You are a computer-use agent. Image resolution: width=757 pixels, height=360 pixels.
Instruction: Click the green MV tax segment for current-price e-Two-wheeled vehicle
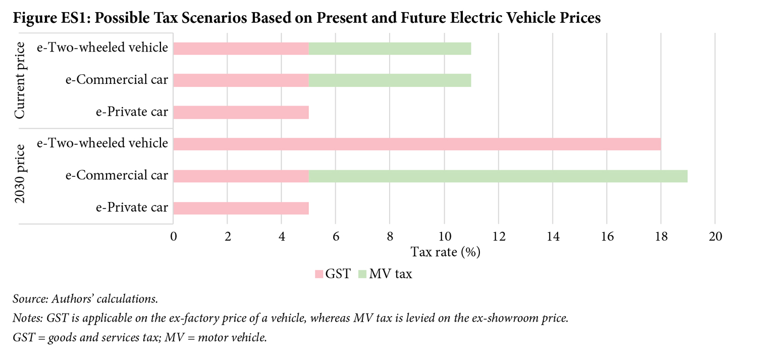[x=390, y=48]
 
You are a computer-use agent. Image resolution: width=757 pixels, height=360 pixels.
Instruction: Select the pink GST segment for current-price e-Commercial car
[x=241, y=80]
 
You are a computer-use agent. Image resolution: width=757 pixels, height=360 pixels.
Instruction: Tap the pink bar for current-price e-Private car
[x=241, y=112]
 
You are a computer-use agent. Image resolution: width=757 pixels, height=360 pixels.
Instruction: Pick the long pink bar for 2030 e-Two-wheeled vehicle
[x=417, y=144]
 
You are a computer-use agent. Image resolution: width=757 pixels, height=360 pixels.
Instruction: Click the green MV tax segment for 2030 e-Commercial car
[x=498, y=176]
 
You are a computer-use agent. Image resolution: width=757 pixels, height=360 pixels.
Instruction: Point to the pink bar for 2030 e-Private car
[x=241, y=208]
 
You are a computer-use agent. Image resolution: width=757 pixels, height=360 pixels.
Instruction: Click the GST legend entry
[x=333, y=274]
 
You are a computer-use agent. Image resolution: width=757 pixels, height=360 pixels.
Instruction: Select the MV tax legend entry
[x=385, y=274]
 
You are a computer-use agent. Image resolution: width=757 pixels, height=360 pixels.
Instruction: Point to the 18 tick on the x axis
[x=661, y=236]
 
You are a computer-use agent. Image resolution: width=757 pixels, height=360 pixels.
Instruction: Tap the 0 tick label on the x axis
[x=174, y=236]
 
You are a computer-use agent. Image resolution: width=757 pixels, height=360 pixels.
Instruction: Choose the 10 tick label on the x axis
[x=444, y=236]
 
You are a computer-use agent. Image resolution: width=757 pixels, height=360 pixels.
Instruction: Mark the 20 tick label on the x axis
[x=715, y=236]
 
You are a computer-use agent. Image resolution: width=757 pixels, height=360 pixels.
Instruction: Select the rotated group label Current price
[x=20, y=81]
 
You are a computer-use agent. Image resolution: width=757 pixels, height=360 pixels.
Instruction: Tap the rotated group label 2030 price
[x=20, y=174]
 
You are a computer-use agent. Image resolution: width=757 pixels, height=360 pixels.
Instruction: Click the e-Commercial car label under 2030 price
[x=117, y=176]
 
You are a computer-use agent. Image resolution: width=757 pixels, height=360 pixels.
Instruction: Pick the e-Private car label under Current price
[x=132, y=112]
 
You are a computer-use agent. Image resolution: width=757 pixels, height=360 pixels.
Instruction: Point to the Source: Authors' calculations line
[x=85, y=299]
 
